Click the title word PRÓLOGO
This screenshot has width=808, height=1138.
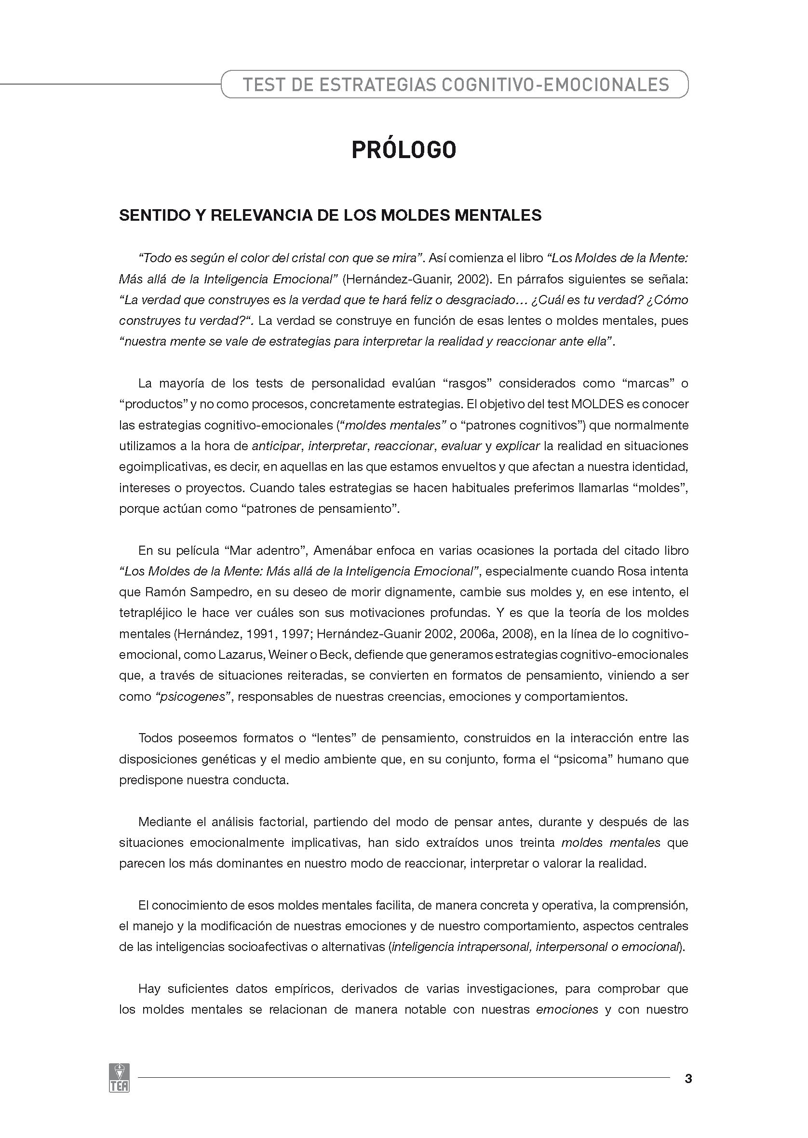coord(404,150)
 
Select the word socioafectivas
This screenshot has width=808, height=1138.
coord(267,947)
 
